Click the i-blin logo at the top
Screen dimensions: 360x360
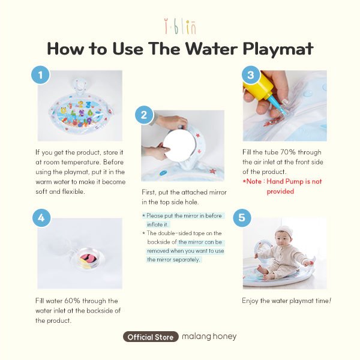tap(181, 27)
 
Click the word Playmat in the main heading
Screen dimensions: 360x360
tap(278, 49)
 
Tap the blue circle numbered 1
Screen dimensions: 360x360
tap(40, 75)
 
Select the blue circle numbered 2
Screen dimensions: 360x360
tap(144, 115)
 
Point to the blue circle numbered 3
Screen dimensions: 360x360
tap(251, 75)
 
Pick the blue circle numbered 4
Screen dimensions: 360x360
tap(41, 218)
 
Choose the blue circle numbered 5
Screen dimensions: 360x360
tap(242, 218)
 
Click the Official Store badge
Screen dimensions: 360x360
tap(151, 337)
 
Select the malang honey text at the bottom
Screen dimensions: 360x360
tap(209, 337)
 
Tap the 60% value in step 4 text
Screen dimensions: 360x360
tap(70, 301)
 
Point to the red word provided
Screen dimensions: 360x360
tap(280, 191)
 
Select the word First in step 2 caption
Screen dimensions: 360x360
tap(149, 192)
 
